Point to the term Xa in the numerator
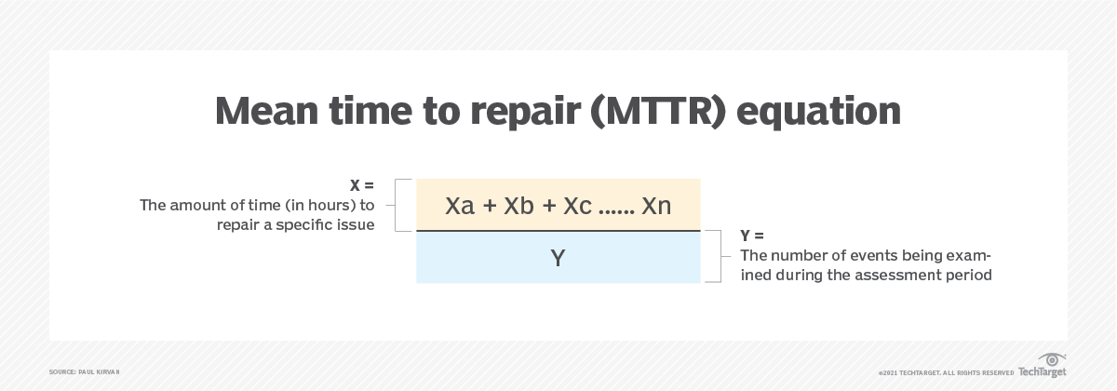460,206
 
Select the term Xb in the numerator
519,206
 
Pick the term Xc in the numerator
578,206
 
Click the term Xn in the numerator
656,206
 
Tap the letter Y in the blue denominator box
558,258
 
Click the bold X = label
362,186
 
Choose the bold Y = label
751,236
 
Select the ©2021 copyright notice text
946,372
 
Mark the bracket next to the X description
402,206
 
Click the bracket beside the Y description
714,256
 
